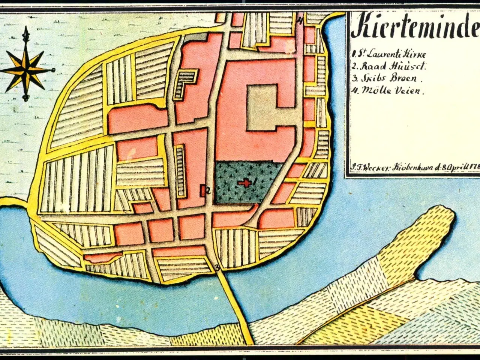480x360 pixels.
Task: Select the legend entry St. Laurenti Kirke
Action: (389, 54)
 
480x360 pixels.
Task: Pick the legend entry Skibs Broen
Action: (387, 79)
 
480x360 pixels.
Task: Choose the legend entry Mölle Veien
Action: (388, 91)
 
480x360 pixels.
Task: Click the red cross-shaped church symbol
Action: (244, 183)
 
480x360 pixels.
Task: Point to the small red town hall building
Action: (203, 190)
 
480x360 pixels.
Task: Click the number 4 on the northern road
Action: (300, 21)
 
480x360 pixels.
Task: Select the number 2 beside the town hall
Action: (208, 190)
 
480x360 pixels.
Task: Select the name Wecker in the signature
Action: (374, 168)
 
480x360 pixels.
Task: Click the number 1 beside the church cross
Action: (255, 181)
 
